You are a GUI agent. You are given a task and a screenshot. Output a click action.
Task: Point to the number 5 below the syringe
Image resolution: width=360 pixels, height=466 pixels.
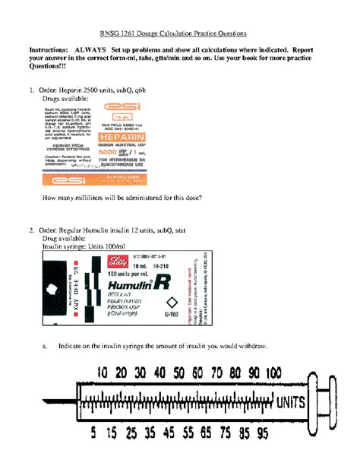coord(93,434)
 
